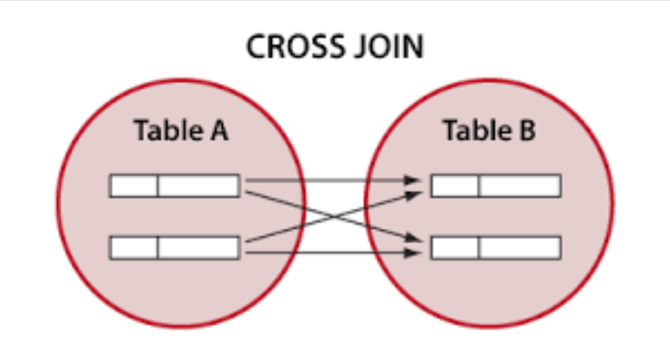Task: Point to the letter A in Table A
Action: click(216, 132)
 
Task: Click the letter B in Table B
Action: click(524, 132)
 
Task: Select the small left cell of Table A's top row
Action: click(134, 186)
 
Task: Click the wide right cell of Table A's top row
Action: click(199, 186)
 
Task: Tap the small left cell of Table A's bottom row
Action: click(134, 247)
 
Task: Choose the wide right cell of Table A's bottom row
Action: click(199, 247)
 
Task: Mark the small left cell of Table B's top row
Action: click(455, 186)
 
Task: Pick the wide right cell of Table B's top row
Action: click(519, 186)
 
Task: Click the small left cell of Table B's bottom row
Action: click(455, 247)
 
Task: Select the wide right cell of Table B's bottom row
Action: click(519, 247)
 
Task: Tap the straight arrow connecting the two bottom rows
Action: click(331, 252)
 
